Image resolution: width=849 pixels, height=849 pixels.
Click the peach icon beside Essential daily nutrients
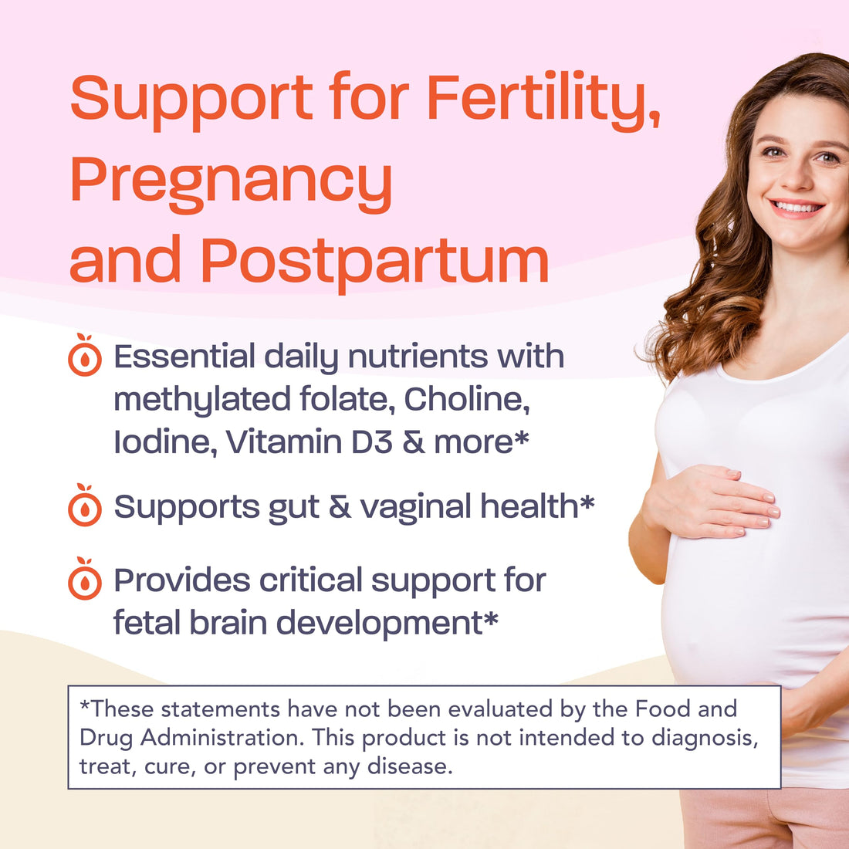84,356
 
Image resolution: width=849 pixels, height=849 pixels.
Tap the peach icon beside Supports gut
84,506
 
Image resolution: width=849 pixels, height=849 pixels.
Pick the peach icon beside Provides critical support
84,580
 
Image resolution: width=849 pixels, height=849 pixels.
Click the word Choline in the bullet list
466,399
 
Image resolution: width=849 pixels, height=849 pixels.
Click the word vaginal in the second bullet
415,507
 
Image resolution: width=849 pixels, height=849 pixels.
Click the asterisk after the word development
490,620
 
